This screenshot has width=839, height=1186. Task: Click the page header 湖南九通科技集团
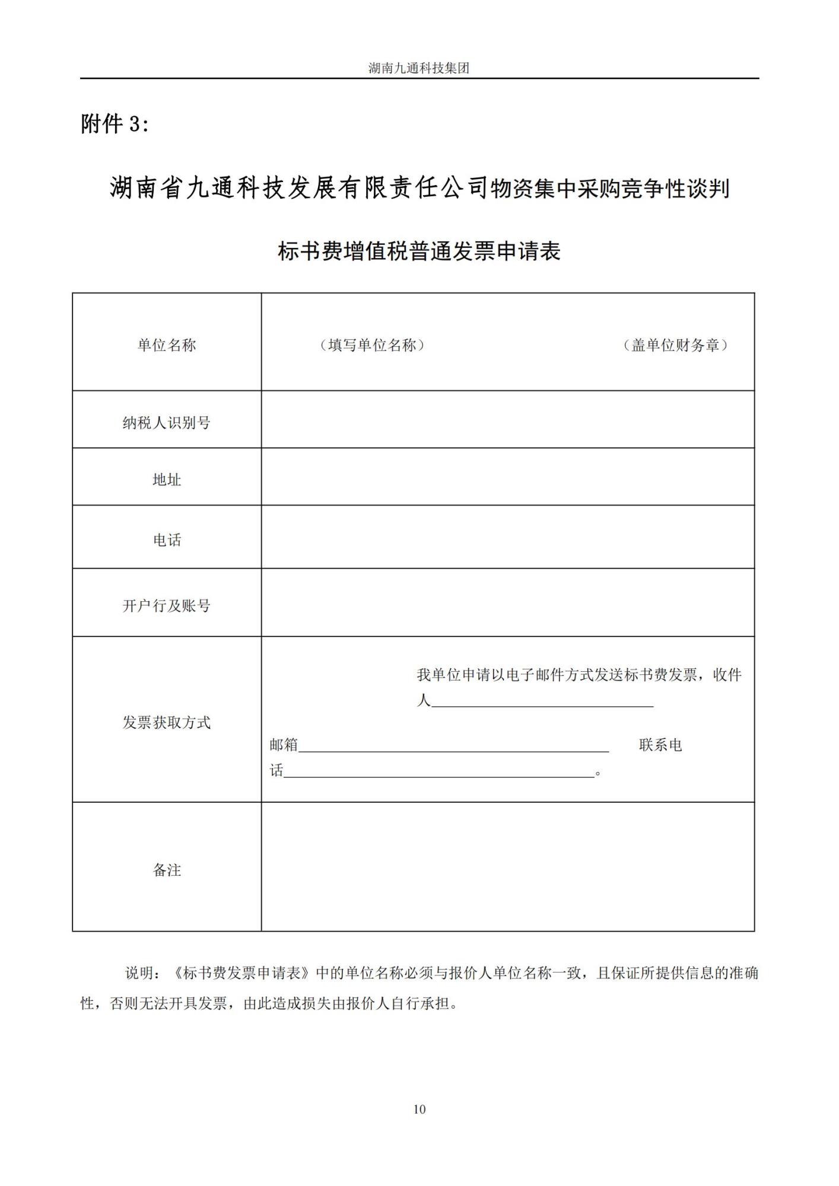[419, 68]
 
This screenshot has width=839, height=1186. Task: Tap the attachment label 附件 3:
[115, 125]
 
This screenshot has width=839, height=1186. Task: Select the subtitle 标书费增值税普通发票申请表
[419, 251]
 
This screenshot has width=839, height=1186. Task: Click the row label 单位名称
[167, 345]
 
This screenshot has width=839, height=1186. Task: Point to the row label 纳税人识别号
[167, 423]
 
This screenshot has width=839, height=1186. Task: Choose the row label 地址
[167, 480]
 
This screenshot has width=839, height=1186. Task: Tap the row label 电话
[167, 540]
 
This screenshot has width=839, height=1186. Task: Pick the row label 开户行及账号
[167, 606]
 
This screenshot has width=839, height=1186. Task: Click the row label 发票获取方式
[167, 722]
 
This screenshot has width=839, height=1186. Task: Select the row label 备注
[167, 870]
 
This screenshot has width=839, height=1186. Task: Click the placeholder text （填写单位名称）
[372, 345]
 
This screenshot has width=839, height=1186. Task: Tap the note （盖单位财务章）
[675, 345]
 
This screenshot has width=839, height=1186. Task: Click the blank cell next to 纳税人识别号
[507, 419]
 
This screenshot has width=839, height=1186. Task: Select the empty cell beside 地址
[507, 477]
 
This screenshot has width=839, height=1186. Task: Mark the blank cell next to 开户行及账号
[507, 602]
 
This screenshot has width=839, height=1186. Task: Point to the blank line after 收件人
[542, 702]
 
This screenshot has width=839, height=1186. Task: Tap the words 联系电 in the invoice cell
[660, 745]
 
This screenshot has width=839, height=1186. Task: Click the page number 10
[419, 1110]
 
